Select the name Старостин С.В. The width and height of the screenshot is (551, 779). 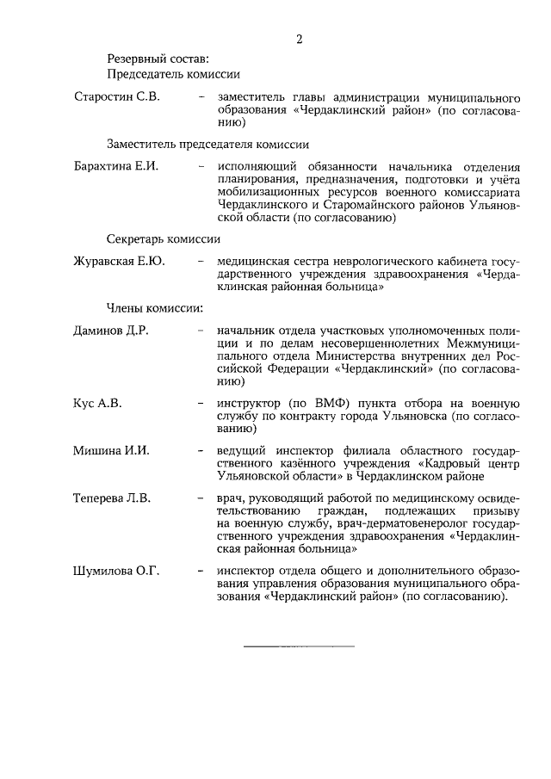point(116,96)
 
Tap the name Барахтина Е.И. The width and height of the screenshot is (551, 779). point(116,165)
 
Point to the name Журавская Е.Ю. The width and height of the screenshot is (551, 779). point(120,260)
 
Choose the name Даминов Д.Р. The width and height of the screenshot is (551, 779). point(112,331)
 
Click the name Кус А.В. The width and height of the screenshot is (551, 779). point(96,402)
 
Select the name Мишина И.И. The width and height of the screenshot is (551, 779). point(112,450)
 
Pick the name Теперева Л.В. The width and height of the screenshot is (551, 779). point(115,498)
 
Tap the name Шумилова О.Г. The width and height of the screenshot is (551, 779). point(118,570)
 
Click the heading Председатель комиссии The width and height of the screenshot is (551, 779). point(173,74)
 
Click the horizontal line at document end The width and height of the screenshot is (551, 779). point(299,646)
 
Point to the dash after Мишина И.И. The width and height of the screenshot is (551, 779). point(201,450)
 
